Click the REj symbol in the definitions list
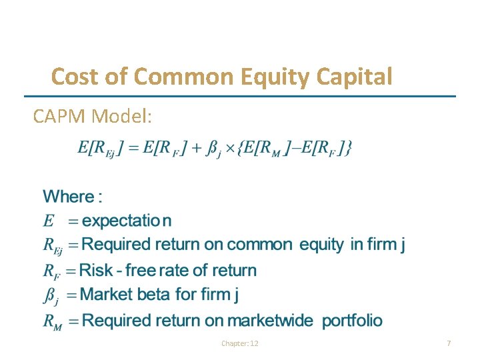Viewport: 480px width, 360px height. click(x=53, y=246)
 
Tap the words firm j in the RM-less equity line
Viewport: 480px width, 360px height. click(x=385, y=245)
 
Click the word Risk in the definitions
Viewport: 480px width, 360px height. click(x=97, y=271)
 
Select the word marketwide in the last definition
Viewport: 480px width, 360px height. click(x=270, y=321)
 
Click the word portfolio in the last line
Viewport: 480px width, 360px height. click(x=352, y=321)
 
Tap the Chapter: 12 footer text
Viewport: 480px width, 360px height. click(x=239, y=343)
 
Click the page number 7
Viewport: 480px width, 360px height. click(x=449, y=343)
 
